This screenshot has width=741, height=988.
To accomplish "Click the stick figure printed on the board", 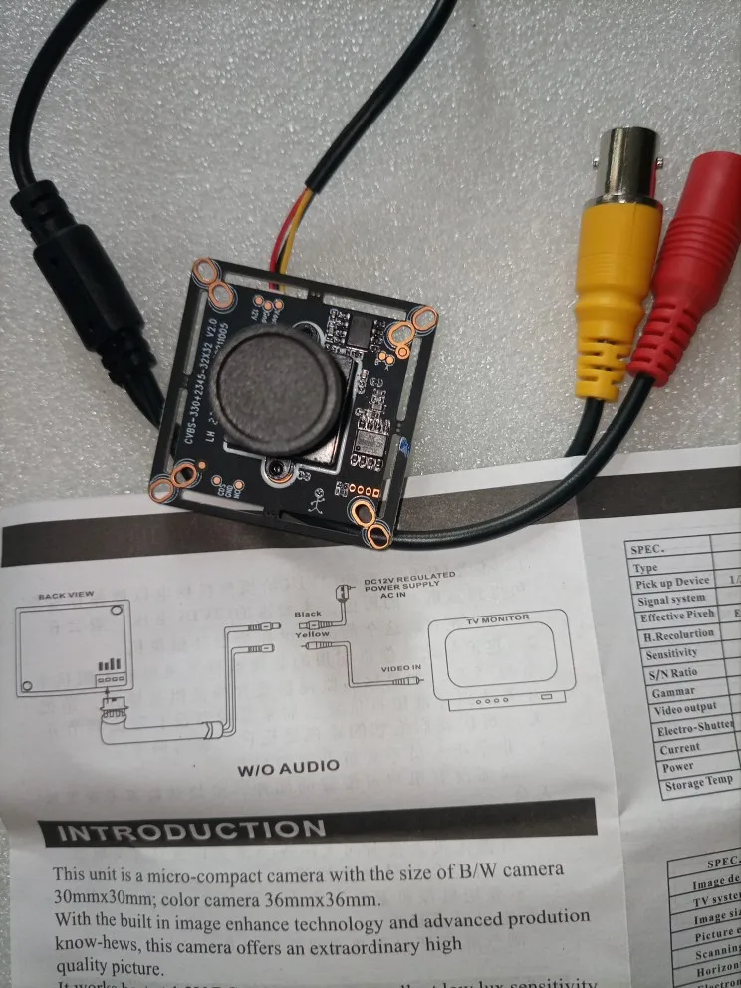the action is click(x=317, y=498).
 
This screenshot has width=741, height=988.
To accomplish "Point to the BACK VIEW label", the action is click(x=66, y=595).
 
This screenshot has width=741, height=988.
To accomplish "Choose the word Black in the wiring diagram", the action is click(x=306, y=616).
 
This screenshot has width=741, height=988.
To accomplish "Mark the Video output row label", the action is click(x=686, y=710).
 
